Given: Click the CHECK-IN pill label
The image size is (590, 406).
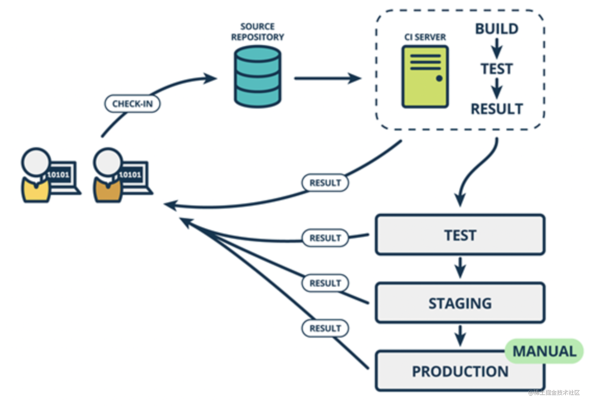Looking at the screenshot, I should point(132,104).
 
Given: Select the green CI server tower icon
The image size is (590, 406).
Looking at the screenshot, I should point(425,77).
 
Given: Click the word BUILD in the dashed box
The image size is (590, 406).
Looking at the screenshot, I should point(497,29).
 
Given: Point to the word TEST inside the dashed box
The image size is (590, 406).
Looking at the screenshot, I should point(497,69).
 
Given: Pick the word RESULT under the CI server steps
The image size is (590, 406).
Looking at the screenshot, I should point(497,109).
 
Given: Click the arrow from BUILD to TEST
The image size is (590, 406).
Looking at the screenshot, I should point(497,48).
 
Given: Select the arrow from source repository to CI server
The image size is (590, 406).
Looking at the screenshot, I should point(327,78).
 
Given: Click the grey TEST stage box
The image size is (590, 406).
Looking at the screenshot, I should point(460,235).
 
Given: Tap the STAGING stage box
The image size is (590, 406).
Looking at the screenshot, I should point(460,303).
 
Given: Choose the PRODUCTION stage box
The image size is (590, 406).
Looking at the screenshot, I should point(460,371).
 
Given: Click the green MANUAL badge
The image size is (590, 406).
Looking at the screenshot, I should point(544,351).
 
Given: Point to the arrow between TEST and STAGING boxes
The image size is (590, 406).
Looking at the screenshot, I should point(460,268).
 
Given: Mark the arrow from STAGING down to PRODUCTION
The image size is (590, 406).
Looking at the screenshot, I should point(460,335).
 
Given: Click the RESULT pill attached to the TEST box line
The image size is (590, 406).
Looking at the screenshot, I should point(325,238).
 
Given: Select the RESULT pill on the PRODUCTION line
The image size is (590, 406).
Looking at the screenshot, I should point(325,328).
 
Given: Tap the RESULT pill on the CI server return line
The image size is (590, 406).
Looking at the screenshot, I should point(325,183).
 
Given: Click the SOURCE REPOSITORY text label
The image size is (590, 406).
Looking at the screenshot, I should point(257,31).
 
